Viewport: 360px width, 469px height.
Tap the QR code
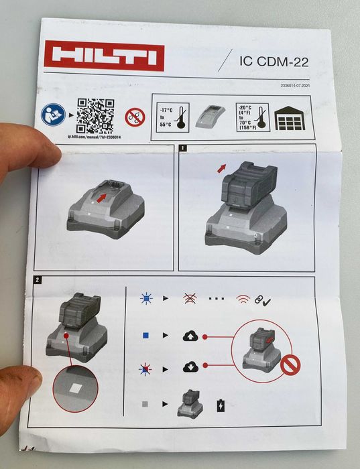click(x=95, y=116)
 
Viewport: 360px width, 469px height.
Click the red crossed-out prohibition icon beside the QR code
click(x=135, y=117)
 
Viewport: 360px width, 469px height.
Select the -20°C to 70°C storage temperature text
click(x=245, y=118)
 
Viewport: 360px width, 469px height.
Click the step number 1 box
click(x=182, y=147)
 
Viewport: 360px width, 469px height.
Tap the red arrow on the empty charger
click(x=101, y=198)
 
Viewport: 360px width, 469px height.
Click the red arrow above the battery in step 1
click(x=222, y=168)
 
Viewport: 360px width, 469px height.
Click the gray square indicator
click(x=146, y=405)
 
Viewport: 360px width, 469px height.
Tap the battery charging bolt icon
click(x=221, y=405)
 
